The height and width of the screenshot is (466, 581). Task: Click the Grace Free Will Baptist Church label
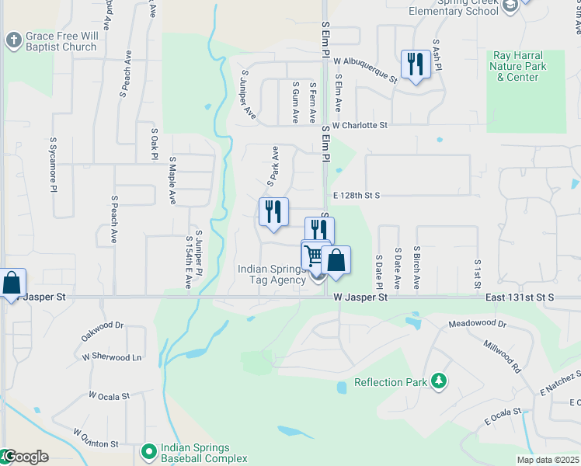click(x=61, y=41)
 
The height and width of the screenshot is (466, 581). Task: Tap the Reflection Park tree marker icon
click(x=440, y=381)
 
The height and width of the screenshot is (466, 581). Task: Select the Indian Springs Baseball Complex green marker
click(x=148, y=450)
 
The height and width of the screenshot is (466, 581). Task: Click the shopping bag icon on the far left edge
click(x=12, y=283)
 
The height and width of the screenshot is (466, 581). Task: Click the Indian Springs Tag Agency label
click(x=271, y=274)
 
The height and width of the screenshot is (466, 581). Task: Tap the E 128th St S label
click(x=356, y=196)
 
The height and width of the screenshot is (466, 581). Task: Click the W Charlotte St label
click(x=360, y=125)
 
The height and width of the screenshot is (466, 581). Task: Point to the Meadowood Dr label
click(x=477, y=323)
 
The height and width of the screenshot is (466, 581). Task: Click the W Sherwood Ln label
click(x=112, y=357)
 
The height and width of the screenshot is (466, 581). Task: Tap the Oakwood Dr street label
click(x=103, y=332)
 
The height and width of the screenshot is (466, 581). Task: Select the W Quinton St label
click(x=96, y=438)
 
